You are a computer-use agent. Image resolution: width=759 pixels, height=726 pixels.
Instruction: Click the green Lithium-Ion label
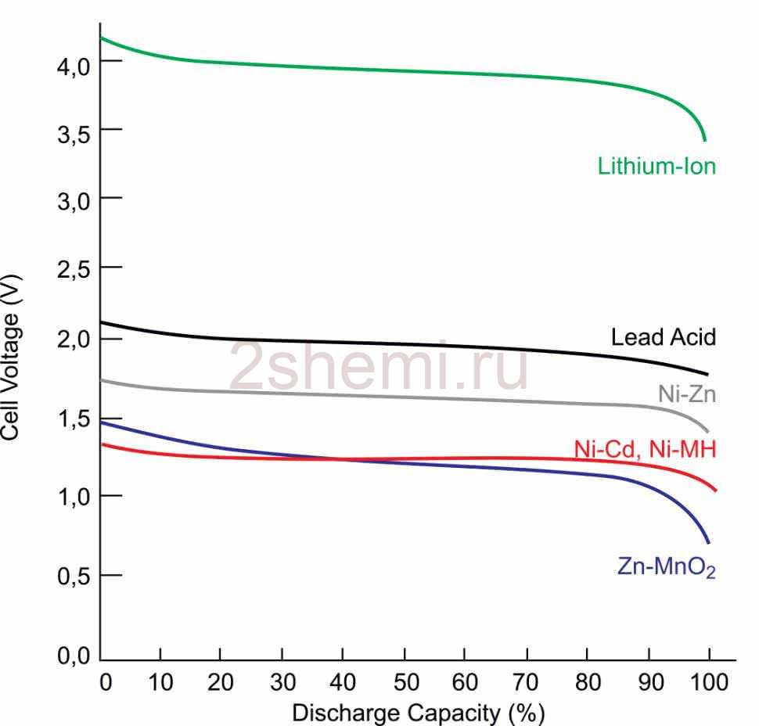656,166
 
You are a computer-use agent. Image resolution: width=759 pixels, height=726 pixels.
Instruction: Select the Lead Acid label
664,337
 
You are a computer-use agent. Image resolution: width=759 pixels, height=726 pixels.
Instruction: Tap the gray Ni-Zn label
686,394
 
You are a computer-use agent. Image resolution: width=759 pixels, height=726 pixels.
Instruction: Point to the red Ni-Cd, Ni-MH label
645,449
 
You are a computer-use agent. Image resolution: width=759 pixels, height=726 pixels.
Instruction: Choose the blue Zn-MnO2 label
666,568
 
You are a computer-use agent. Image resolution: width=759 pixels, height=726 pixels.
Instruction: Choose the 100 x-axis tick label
708,681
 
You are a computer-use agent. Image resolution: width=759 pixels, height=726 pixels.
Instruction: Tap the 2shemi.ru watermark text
378,367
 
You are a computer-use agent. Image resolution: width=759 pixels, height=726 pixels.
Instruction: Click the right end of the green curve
705,140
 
